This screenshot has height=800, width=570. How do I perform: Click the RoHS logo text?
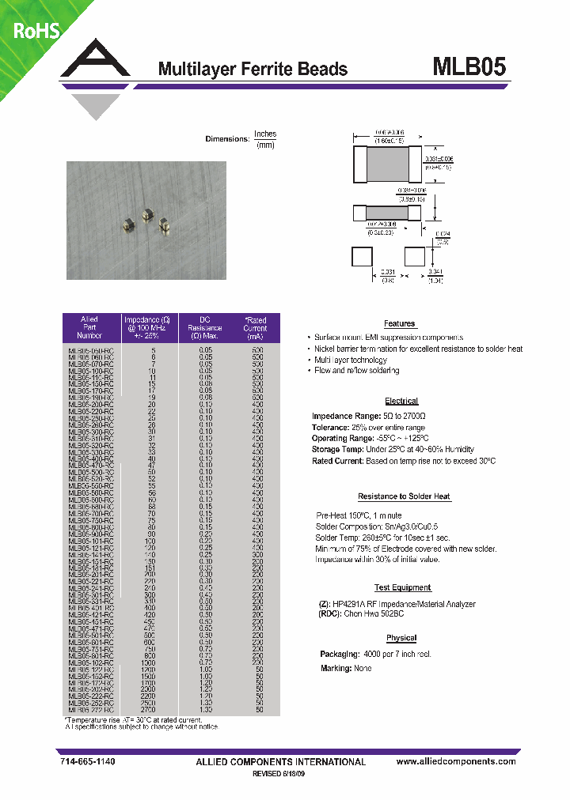32,29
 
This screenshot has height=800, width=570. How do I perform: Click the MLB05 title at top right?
468,66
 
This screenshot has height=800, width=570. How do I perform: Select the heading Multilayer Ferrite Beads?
253,69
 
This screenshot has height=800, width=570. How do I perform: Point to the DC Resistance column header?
205,327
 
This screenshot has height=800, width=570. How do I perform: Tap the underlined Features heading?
400,324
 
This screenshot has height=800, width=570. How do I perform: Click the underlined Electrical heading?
401,402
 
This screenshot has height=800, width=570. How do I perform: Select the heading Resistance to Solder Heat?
404,496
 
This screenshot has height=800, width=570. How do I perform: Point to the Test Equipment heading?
402,588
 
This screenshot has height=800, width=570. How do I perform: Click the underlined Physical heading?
401,638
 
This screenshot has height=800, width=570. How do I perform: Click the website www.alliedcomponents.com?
455,761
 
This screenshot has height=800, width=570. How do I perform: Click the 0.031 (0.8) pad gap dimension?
388,275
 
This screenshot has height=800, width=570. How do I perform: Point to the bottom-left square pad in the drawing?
361,257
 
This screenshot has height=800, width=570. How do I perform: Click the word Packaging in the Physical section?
338,655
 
